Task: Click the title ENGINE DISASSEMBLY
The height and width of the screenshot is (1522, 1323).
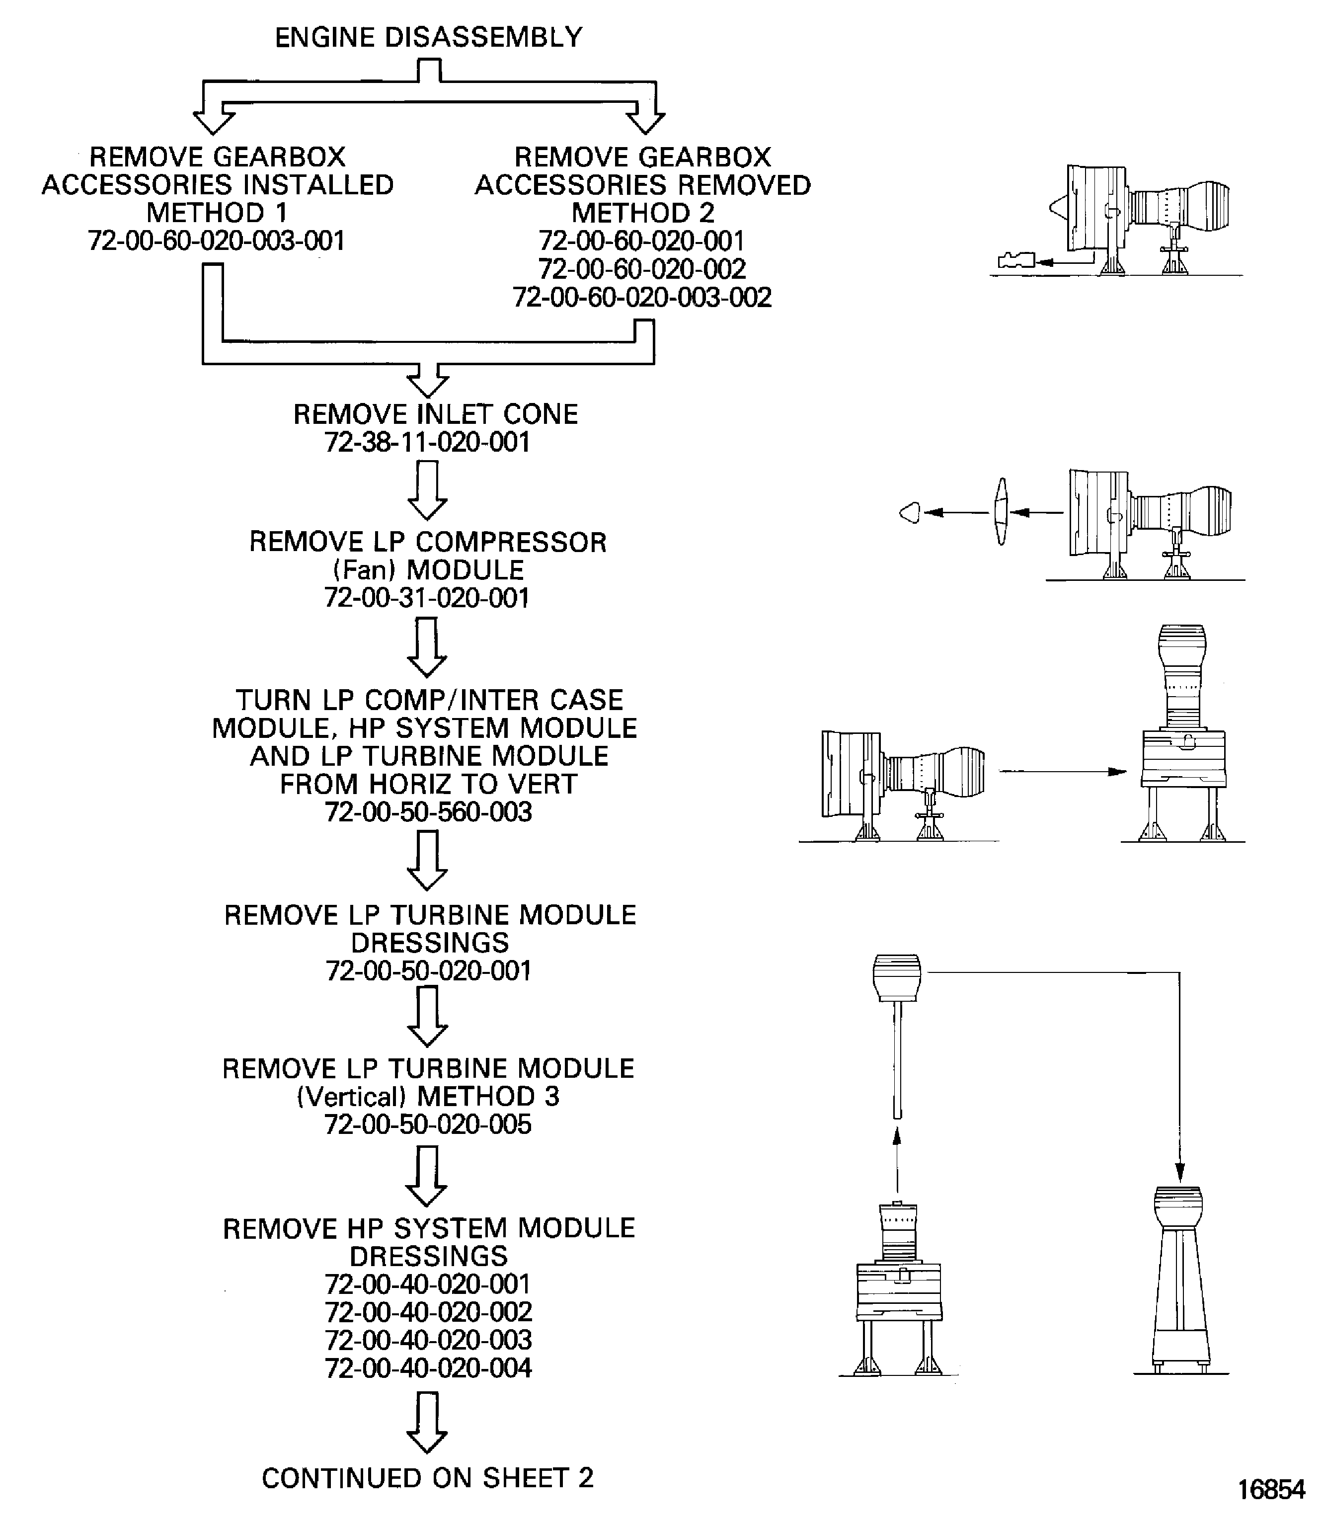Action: [x=428, y=37]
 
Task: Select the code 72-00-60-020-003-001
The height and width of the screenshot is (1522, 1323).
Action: [x=216, y=240]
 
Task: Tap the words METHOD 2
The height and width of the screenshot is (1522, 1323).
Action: [x=642, y=213]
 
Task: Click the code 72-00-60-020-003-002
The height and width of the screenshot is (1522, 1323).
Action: [x=642, y=297]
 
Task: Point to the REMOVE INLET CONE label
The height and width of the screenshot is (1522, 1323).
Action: [x=436, y=414]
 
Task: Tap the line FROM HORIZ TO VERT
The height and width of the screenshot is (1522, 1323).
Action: [x=428, y=784]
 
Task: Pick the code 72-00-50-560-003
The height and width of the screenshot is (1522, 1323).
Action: [x=428, y=811]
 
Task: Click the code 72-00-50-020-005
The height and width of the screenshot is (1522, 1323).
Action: [x=428, y=1124]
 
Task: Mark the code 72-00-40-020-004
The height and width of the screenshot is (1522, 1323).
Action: [x=428, y=1367]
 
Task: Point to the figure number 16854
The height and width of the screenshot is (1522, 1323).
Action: [x=1271, y=1490]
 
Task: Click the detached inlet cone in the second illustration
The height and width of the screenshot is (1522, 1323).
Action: [x=910, y=512]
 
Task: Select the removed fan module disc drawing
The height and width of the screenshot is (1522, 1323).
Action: [x=1001, y=511]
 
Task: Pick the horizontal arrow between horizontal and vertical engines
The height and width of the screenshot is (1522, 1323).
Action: [x=1063, y=772]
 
